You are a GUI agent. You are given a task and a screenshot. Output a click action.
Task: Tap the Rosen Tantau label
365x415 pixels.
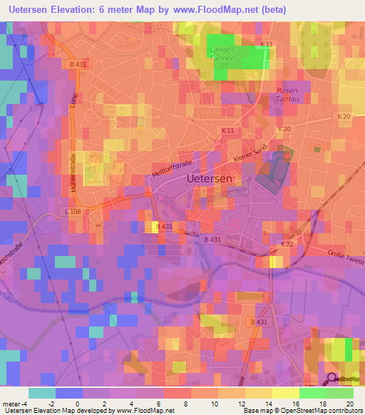(x=287, y=95)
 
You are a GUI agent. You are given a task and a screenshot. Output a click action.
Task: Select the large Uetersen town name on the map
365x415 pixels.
(x=208, y=180)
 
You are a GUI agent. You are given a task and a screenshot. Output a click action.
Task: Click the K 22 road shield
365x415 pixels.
(x=287, y=244)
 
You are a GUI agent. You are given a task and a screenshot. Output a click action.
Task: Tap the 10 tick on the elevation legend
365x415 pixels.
(x=211, y=404)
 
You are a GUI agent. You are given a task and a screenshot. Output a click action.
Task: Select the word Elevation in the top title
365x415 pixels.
(x=84, y=11)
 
